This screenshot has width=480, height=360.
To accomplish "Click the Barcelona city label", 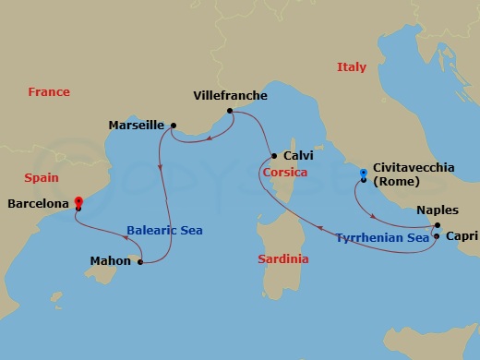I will coord(39,204).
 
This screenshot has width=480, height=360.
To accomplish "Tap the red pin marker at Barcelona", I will coord(78,201).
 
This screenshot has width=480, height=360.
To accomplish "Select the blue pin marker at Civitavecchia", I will coord(363,174).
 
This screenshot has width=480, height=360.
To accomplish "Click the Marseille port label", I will coord(137,125).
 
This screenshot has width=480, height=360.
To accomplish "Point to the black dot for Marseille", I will coord(174,126).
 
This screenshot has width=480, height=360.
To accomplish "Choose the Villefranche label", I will coord(231,95).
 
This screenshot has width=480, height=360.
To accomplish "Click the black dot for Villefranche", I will coord(229,112).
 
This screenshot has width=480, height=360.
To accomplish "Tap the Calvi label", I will coord(299,155).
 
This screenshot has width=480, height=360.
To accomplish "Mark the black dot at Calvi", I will coord(274,155).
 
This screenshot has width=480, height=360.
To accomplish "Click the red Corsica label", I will coord(283,172).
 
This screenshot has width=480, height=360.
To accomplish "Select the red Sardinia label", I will coord(282,259).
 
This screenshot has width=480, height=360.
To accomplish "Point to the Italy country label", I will coord(352,67).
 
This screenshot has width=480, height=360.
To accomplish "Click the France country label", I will coord(49,92).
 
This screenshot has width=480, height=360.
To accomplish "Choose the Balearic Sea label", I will coord(164,231).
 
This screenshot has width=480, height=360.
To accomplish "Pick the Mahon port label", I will coord(111,261).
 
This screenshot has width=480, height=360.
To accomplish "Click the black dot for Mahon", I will coord(140,262).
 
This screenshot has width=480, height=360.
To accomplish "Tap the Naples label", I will coord(438,210).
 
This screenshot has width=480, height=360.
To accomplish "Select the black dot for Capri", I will coord(436,236).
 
